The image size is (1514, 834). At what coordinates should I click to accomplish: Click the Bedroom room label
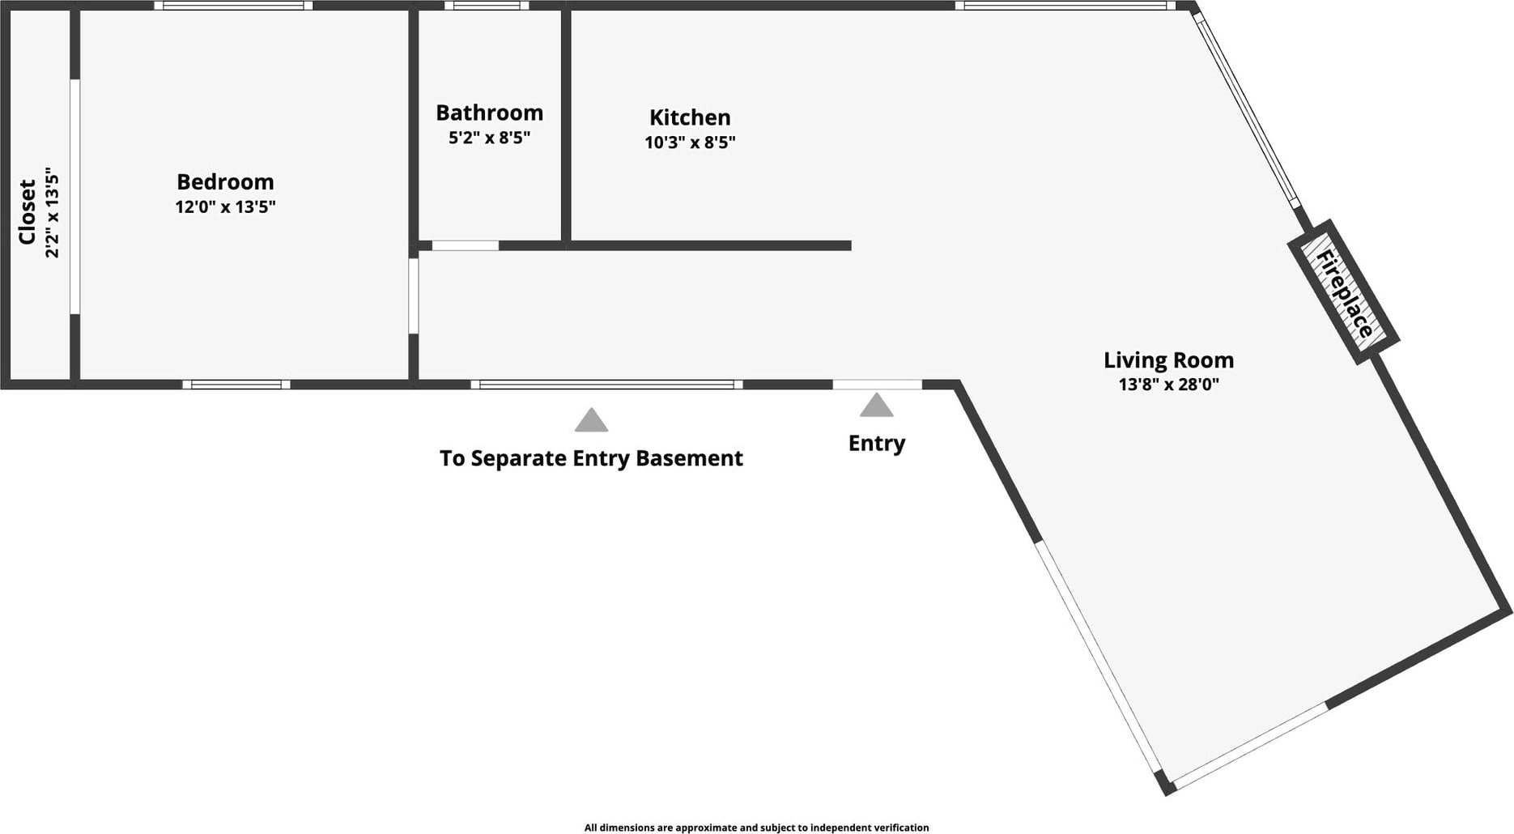(225, 181)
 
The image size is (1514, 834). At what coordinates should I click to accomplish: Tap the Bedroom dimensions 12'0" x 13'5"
(225, 206)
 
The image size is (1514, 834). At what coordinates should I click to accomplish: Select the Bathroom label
(489, 113)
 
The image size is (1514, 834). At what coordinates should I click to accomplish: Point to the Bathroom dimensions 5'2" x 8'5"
(489, 138)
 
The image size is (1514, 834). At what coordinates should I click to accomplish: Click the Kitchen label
(690, 117)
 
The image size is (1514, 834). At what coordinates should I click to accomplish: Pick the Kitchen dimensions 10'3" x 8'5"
(690, 143)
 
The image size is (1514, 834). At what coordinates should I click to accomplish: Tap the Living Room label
(1168, 360)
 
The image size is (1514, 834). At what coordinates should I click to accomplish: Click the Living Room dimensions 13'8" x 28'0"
(1168, 384)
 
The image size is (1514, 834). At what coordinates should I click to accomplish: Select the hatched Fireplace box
(1344, 292)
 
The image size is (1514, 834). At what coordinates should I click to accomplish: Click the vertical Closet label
(27, 212)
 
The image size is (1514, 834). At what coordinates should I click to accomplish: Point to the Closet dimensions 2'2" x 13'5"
(53, 212)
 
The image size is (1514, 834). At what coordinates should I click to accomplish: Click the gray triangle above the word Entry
(876, 405)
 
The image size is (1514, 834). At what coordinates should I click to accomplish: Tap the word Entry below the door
(876, 443)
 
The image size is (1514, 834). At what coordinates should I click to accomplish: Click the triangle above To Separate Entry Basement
(591, 419)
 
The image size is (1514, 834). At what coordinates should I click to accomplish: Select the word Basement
(689, 458)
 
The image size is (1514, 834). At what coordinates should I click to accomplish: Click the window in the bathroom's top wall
(486, 6)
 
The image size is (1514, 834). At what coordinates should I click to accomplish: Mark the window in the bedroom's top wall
(233, 6)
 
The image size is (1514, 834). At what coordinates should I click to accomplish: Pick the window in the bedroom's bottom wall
(236, 385)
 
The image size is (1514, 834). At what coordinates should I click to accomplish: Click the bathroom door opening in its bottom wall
(465, 245)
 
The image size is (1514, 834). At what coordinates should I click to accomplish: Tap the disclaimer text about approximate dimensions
(756, 828)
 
